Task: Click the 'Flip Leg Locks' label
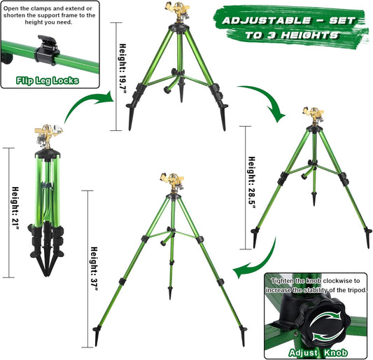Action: (47, 81)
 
